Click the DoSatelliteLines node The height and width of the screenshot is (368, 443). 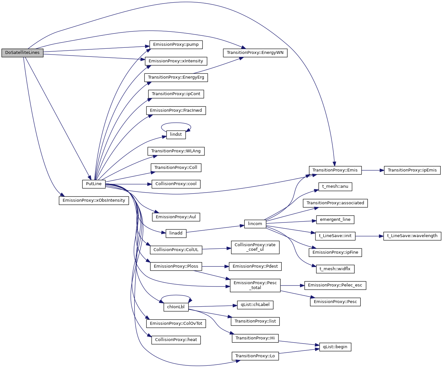pos(22,53)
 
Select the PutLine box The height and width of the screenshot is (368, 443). pos(94,184)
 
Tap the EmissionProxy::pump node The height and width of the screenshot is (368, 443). pos(176,44)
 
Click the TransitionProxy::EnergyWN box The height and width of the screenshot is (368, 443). pos(255,53)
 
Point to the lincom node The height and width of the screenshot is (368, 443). pos(255,224)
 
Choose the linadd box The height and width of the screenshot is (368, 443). pos(176,233)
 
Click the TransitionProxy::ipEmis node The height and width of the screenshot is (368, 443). pos(412,170)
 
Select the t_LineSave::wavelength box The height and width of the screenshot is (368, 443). pos(412,236)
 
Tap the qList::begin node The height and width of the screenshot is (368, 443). pos(335,347)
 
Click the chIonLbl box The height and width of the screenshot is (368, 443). pos(176,307)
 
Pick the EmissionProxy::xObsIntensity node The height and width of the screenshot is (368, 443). pos(94,200)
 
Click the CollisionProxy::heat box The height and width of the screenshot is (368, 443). pos(176,340)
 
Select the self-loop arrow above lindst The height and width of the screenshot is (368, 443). pos(176,123)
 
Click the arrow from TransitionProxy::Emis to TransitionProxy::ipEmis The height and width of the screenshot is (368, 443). pos(373,170)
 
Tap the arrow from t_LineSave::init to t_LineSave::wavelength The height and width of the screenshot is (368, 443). pos(369,236)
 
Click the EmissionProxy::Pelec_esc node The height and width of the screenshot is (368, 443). pos(335,285)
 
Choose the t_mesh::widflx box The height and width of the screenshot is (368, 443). pos(335,269)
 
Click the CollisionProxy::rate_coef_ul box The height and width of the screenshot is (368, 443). pos(255,247)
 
